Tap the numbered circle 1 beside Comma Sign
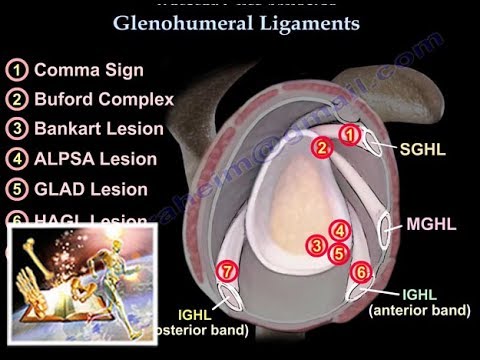(x=17, y=71)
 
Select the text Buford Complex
(x=104, y=100)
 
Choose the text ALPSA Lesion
(x=95, y=159)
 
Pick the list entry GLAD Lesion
(x=91, y=189)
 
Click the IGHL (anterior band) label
(x=419, y=301)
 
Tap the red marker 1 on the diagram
(x=350, y=134)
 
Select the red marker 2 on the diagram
(x=322, y=148)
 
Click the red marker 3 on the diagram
(x=317, y=244)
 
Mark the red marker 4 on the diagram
(x=340, y=231)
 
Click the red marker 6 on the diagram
(x=362, y=271)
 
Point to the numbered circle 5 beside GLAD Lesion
(x=17, y=189)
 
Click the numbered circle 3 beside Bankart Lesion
(x=17, y=130)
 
